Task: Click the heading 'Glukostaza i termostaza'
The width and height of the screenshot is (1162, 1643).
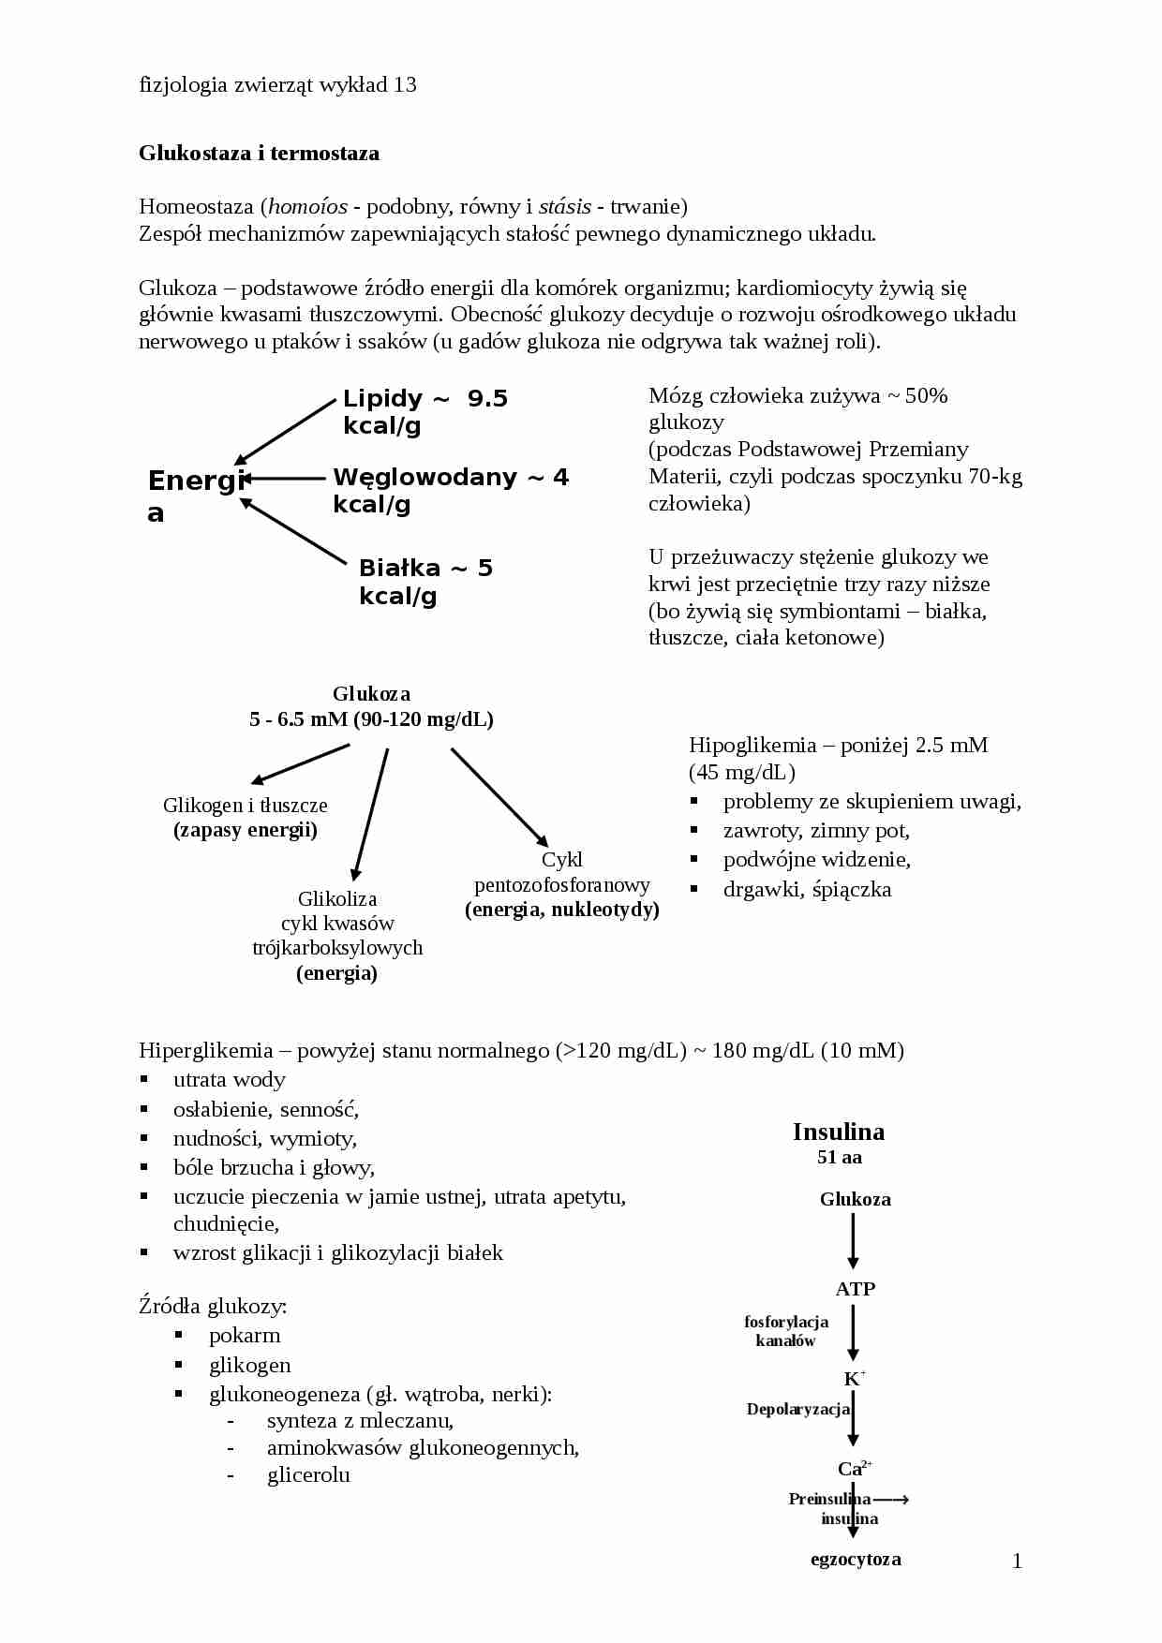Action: (x=259, y=154)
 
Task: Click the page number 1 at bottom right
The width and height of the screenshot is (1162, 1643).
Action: (x=1017, y=1561)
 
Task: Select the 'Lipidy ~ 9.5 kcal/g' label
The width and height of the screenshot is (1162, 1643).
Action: (x=425, y=412)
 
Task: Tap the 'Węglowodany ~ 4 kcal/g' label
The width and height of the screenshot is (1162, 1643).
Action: (x=450, y=490)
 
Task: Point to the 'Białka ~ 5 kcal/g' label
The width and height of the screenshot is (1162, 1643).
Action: (x=425, y=582)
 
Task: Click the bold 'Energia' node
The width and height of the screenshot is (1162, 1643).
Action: (x=195, y=495)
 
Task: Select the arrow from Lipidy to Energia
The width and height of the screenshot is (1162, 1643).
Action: (x=285, y=432)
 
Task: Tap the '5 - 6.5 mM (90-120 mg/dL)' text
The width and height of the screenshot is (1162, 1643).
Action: (x=371, y=719)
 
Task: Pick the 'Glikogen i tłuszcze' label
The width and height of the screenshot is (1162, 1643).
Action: (x=246, y=806)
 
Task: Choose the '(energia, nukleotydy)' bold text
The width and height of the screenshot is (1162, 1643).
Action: (x=562, y=910)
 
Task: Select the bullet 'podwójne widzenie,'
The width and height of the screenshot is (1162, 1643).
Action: (x=816, y=860)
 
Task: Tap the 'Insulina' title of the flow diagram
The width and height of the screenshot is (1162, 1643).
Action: (x=839, y=1132)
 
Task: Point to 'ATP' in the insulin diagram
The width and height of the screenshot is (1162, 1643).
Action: (x=856, y=1289)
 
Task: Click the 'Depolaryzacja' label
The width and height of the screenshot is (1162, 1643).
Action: (x=797, y=1409)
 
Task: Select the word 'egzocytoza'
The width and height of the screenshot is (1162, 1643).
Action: (x=856, y=1560)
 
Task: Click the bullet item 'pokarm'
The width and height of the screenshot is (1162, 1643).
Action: (x=245, y=1336)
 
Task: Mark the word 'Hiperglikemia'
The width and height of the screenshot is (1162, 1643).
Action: (x=205, y=1051)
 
